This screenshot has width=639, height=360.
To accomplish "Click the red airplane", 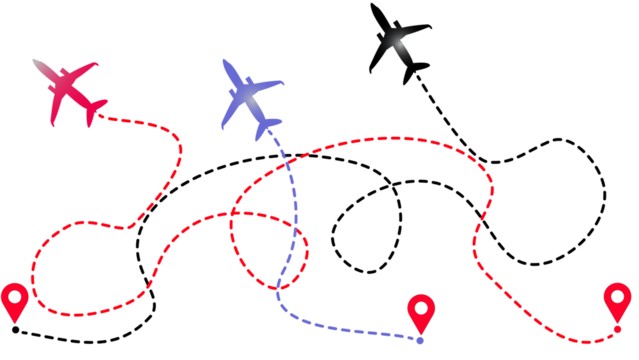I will (69, 93).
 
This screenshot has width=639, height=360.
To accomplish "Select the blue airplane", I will (248, 98).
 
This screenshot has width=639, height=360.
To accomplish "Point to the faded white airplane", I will (400, 42).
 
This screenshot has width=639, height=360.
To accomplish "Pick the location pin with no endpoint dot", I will (14, 301).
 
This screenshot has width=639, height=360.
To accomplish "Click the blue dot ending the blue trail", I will (421, 341).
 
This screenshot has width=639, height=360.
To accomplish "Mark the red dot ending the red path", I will (618, 329).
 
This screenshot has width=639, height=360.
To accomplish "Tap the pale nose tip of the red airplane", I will (34, 62).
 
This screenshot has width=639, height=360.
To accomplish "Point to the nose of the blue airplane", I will (224, 62).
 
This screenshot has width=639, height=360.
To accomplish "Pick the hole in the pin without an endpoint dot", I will (14, 295).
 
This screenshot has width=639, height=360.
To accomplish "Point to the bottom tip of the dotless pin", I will (14, 323).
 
